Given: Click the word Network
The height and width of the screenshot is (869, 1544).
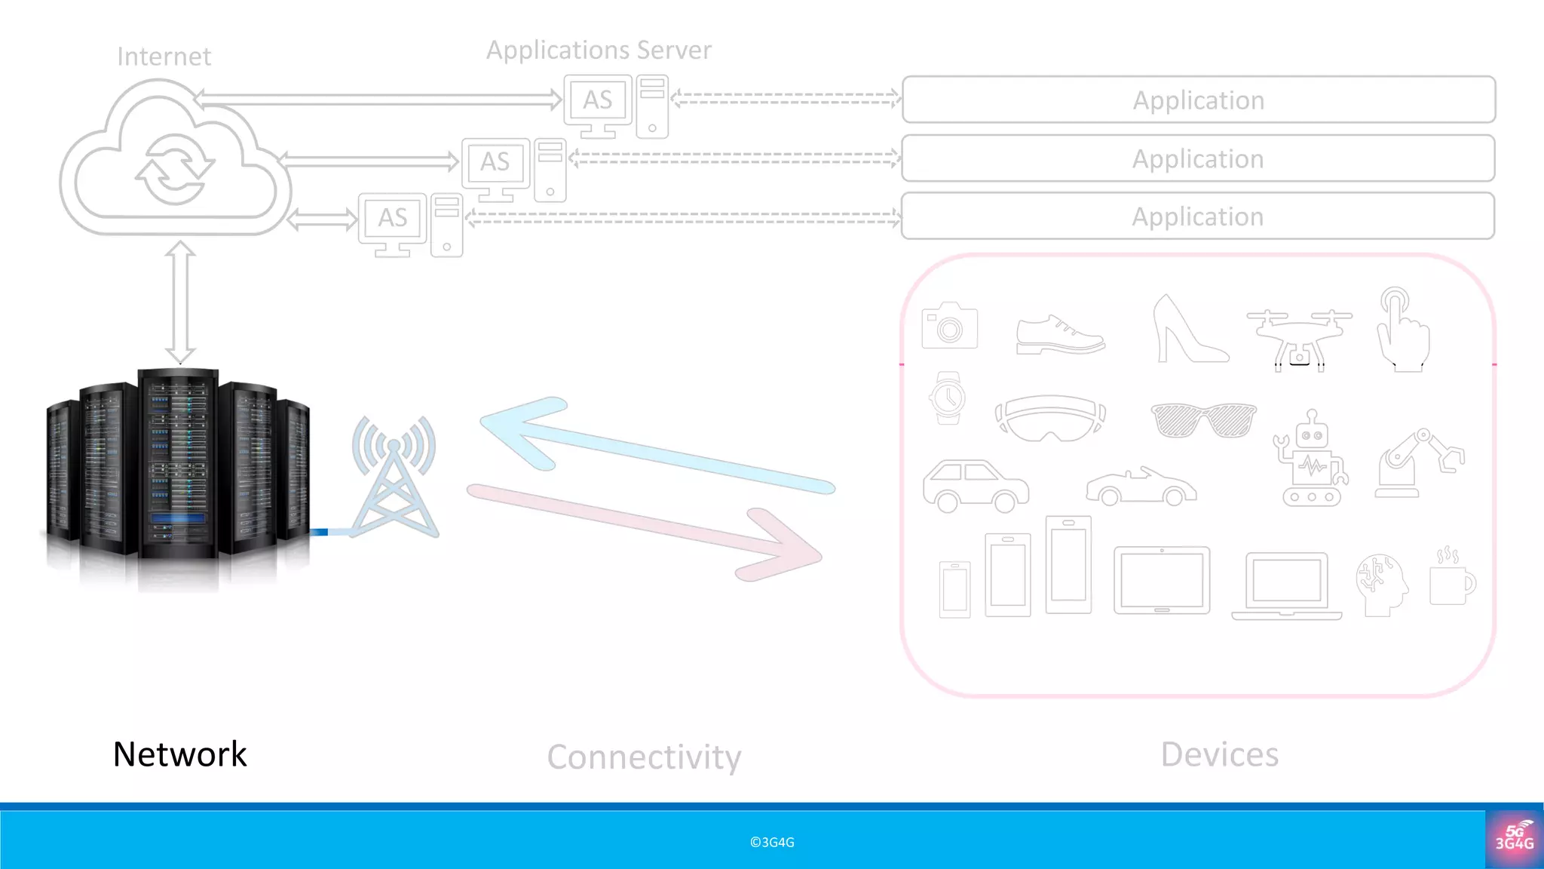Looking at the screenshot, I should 179,754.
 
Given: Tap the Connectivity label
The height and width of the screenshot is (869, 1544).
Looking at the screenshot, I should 644,757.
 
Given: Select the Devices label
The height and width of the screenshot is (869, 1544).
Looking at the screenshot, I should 1219,754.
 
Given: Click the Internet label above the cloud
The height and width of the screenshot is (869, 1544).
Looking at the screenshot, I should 164,57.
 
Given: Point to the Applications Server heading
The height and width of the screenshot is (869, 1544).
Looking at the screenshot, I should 599,50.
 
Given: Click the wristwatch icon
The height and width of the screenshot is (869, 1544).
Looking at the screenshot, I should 948,398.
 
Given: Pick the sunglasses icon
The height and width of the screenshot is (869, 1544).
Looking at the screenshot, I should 1203,419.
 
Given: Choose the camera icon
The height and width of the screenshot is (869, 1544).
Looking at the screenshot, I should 949,326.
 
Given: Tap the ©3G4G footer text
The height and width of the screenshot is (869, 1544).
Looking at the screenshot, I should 772,842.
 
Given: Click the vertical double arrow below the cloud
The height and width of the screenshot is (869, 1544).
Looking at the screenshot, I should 180,302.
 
